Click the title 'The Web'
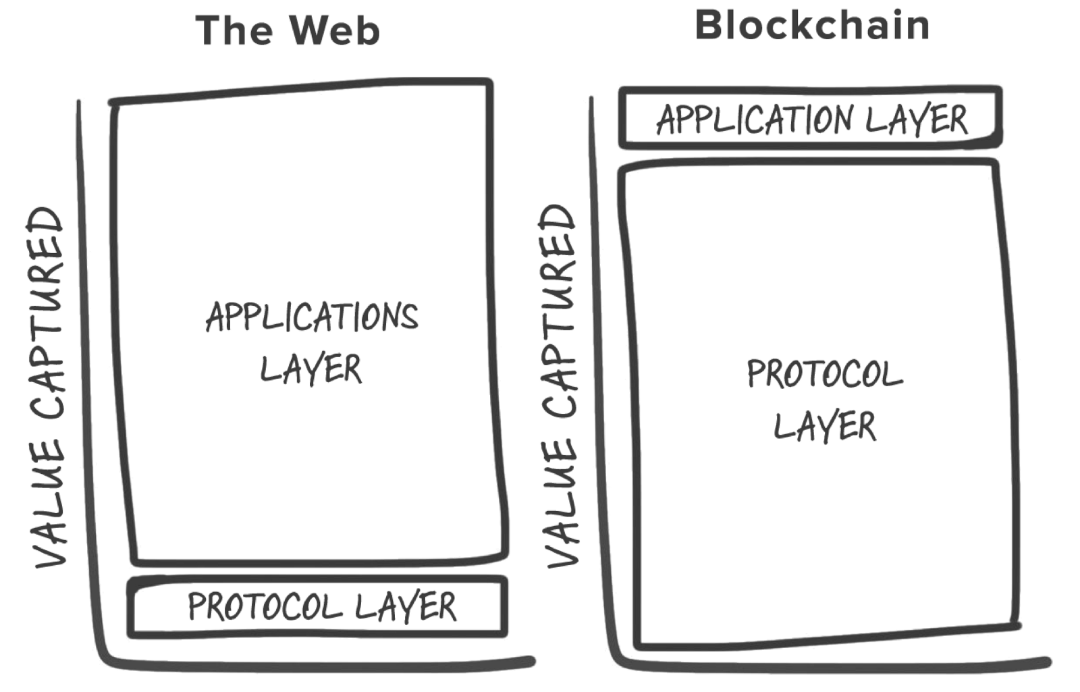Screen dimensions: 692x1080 [x=288, y=31]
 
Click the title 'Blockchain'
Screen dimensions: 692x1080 [x=812, y=26]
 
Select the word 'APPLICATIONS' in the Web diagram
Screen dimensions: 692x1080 [x=312, y=317]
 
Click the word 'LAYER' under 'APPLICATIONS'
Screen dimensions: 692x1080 [x=311, y=369]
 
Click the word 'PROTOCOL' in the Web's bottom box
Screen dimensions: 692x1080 [x=265, y=606]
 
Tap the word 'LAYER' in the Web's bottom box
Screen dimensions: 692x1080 [x=406, y=606]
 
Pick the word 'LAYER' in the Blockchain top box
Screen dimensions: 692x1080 [x=916, y=119]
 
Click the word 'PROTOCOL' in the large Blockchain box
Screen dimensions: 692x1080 [x=824, y=374]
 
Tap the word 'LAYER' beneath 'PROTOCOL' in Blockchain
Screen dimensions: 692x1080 [x=824, y=426]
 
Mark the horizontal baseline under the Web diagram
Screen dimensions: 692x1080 [x=317, y=665]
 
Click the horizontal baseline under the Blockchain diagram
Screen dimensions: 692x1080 [x=830, y=665]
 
